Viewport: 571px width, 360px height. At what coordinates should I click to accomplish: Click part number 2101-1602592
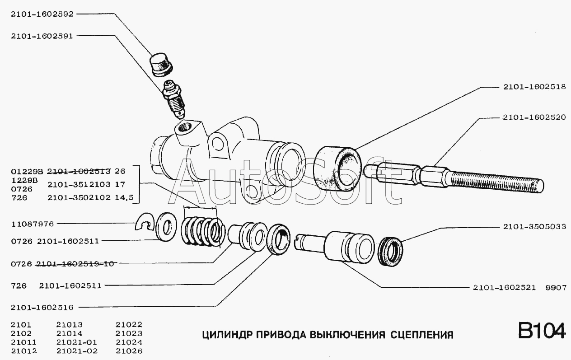[42, 14]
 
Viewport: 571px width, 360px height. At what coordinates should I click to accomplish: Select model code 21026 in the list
[129, 351]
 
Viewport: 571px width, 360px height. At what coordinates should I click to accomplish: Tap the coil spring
[202, 230]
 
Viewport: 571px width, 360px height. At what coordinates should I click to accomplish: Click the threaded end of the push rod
[497, 178]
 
